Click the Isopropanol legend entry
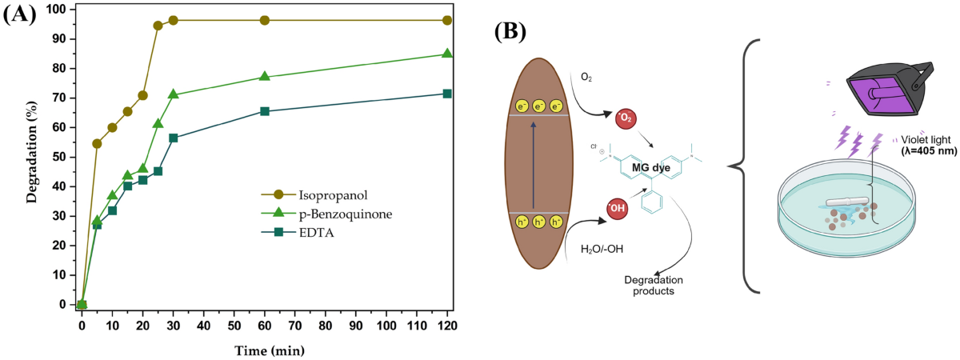[x=314, y=195]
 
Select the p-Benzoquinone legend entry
[x=326, y=214]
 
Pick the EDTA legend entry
[x=298, y=233]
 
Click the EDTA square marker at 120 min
[x=447, y=94]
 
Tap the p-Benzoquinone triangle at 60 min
[x=265, y=76]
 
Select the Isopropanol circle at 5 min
[x=97, y=143]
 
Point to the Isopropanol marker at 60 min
[x=265, y=20]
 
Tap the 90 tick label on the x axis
[x=356, y=326]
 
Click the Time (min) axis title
[x=270, y=350]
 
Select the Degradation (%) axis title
[x=32, y=152]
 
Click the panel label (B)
[x=510, y=31]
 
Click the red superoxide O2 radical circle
[x=626, y=118]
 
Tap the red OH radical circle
[x=617, y=209]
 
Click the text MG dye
[x=651, y=167]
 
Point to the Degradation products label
[x=654, y=286]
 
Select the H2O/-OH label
[x=602, y=249]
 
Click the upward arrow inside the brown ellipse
[x=533, y=165]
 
